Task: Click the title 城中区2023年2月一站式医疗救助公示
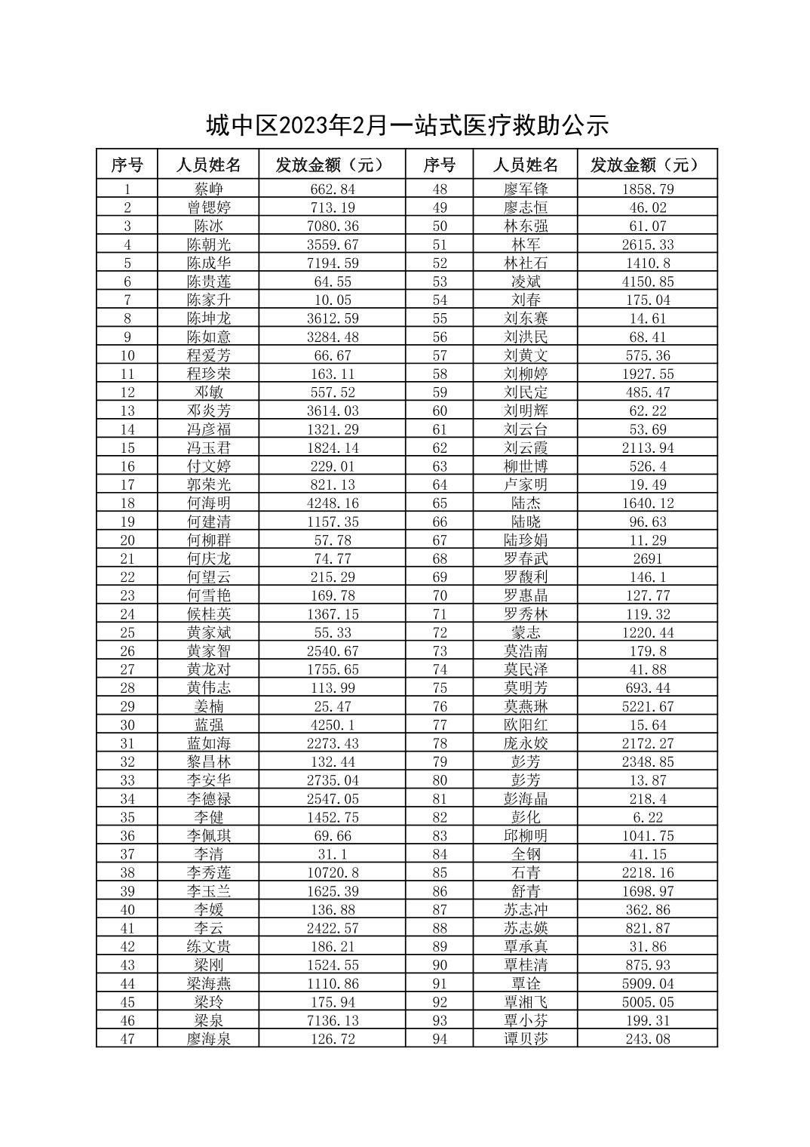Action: [407, 126]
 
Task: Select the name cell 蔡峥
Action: [209, 189]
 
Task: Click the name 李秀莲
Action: [209, 872]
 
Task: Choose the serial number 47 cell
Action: [127, 1038]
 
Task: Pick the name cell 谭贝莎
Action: [526, 1038]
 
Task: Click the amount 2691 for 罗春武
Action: [648, 558]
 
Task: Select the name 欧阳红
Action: [526, 724]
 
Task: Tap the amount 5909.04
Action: [648, 983]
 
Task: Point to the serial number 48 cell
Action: [440, 189]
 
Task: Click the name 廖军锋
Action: [526, 189]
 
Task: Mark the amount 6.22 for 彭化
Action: [648, 817]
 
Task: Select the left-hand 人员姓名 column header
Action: [209, 165]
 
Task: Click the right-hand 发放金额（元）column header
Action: [648, 165]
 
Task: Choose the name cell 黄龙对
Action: [209, 669]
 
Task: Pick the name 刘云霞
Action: [526, 447]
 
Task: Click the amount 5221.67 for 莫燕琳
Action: [648, 706]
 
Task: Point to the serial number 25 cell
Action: [127, 632]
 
